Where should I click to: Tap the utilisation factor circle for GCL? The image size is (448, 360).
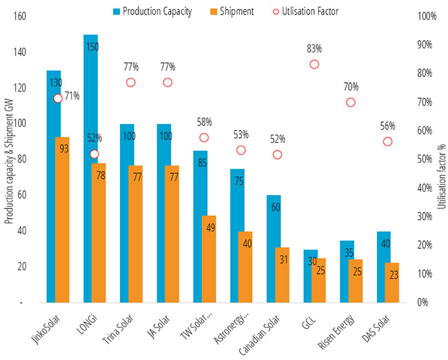(314, 64)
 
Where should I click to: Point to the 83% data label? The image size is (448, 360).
(314, 49)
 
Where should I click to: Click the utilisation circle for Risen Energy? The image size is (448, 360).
(351, 102)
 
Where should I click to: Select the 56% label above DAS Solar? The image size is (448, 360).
(387, 126)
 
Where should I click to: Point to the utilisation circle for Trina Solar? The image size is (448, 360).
(131, 82)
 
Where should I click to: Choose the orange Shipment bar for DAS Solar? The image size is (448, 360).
(391, 282)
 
